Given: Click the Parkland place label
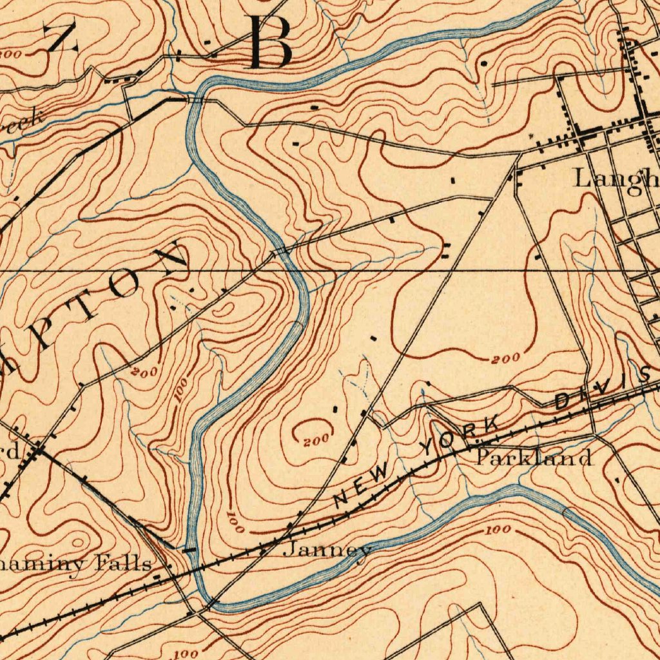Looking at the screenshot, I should tap(534, 458).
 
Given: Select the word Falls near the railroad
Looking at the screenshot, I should tap(124, 564).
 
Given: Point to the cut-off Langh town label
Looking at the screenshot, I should tap(616, 178).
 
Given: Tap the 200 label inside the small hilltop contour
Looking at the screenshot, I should tap(316, 440).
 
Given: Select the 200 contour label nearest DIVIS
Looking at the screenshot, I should tap(504, 359).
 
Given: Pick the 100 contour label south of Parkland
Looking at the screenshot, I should tap(497, 530).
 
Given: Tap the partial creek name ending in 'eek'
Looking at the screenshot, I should tap(23, 120).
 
